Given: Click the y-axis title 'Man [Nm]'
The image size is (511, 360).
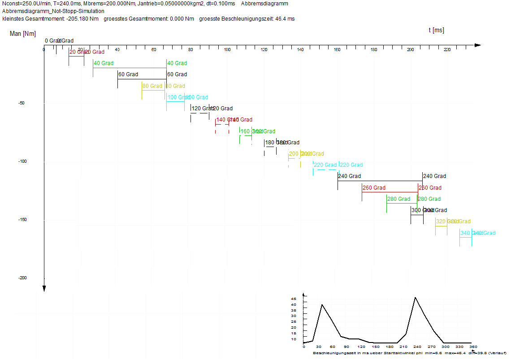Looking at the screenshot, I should (x=22, y=34).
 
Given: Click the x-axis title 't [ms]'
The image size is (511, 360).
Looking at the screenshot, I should (x=436, y=30).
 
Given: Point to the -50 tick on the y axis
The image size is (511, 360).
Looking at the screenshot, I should (x=21, y=103).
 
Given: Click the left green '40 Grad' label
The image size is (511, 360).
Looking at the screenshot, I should (x=104, y=63).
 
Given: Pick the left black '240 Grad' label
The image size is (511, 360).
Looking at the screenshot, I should (x=349, y=176).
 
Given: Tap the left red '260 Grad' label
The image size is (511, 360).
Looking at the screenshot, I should (x=374, y=188).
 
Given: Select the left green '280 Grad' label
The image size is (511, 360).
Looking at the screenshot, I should (x=398, y=199).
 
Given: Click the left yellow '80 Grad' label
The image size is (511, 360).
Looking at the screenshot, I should (x=152, y=86).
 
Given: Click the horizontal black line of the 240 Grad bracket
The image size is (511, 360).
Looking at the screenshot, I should (x=380, y=181).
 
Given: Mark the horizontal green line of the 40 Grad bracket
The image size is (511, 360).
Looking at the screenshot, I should (x=130, y=68).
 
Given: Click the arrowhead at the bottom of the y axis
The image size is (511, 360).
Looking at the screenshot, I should (x=44, y=288).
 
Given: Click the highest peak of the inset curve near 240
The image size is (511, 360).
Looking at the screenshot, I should (x=415, y=297).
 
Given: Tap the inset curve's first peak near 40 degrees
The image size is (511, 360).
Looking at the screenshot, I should (x=322, y=305).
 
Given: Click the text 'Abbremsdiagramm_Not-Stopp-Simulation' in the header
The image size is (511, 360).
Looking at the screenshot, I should (x=53, y=11).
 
